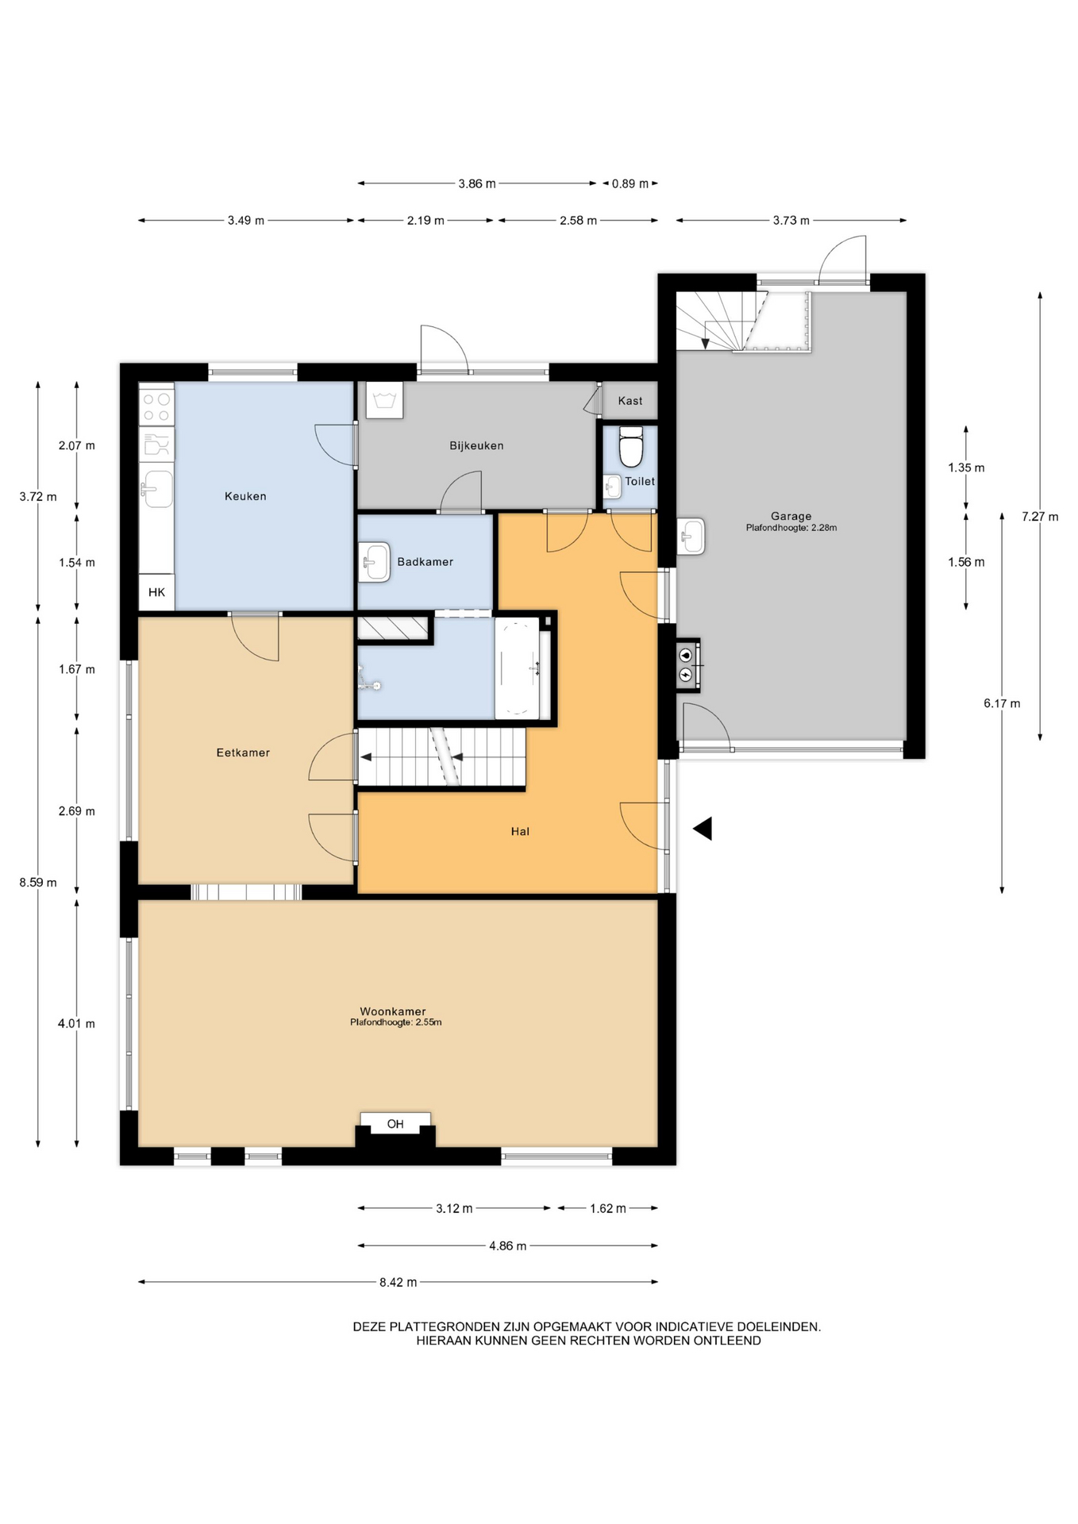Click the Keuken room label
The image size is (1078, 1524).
point(245,496)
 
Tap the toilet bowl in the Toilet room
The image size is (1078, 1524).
point(630,447)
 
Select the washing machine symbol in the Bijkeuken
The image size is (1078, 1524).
point(384,400)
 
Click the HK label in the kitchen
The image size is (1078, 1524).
point(156,592)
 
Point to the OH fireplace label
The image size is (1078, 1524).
point(395,1124)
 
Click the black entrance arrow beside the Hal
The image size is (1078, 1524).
point(703,829)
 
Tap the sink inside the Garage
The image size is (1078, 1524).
point(691,537)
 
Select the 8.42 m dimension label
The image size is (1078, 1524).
point(398,1282)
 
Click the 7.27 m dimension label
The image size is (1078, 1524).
point(1040,517)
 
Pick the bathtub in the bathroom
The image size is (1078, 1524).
point(517,668)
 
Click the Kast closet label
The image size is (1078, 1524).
point(630,401)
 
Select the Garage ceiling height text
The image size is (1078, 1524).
point(791,528)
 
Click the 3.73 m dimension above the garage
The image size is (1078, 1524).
point(791,221)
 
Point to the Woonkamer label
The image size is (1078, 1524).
point(393,1011)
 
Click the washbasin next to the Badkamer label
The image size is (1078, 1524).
point(374,562)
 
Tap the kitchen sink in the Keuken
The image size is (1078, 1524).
point(156,488)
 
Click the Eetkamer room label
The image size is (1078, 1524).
point(243,752)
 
